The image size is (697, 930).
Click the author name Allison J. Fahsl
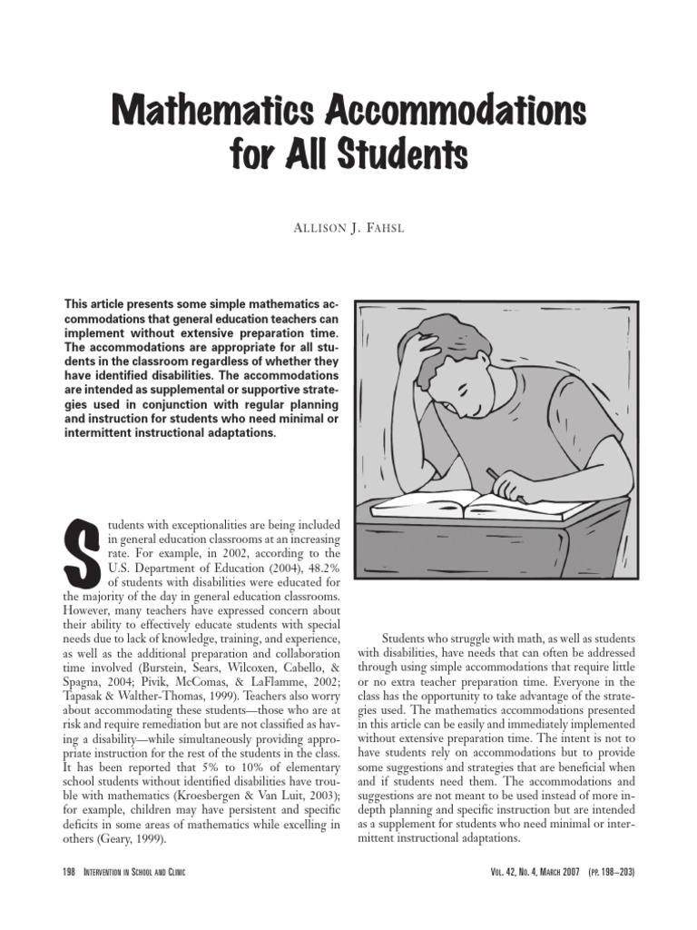click(x=348, y=226)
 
